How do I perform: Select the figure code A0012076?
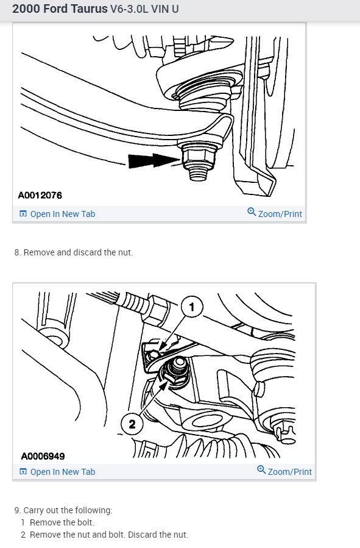(x=40, y=196)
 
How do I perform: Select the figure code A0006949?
(x=43, y=455)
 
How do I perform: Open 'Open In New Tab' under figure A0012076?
(x=62, y=214)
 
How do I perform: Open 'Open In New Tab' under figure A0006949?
(x=62, y=472)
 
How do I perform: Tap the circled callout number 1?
(x=192, y=308)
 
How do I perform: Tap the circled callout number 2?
(x=132, y=422)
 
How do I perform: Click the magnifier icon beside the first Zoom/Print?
(x=252, y=213)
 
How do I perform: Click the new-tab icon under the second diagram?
(x=23, y=472)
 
